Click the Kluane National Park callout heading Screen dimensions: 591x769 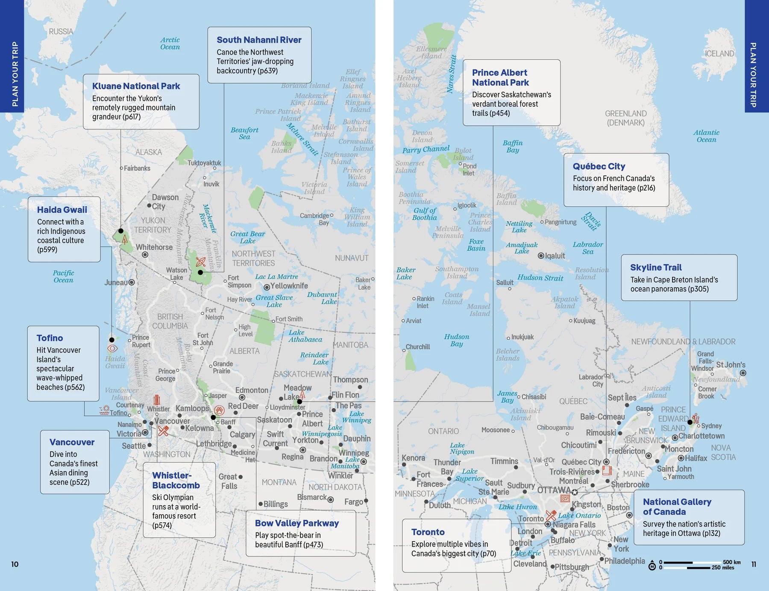[x=136, y=86]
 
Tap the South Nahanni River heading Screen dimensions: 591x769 [x=259, y=40]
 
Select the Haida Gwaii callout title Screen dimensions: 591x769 [x=62, y=210]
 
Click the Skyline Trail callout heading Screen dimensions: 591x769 [x=656, y=268]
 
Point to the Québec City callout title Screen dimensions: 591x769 [x=599, y=166]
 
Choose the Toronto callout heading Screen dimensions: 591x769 [x=428, y=532]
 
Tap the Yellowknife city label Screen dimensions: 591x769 [x=289, y=286]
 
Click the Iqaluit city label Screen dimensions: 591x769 [x=555, y=256]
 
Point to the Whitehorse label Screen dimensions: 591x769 [x=154, y=247]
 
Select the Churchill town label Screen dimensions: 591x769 [x=417, y=347]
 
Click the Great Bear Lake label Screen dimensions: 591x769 [x=248, y=237]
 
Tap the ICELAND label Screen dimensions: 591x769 [x=719, y=54]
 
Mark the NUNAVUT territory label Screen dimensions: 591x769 [x=351, y=258]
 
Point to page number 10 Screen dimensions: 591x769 [x=15, y=564]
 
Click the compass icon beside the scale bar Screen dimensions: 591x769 [x=652, y=566]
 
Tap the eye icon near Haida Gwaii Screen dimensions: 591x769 [x=112, y=348]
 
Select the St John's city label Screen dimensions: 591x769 [x=731, y=365]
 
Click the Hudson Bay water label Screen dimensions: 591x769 [x=456, y=340]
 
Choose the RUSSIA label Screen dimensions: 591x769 [x=61, y=32]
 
